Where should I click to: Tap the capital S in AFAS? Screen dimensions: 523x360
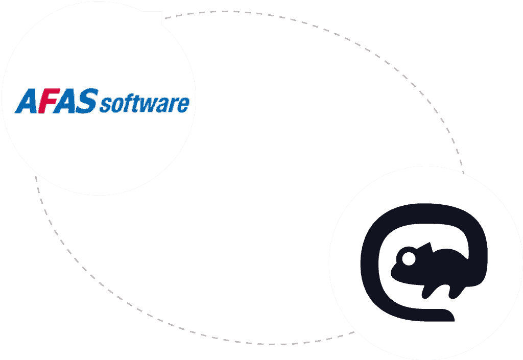pyautogui.click(x=87, y=101)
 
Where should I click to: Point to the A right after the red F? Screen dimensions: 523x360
pyautogui.click(x=67, y=101)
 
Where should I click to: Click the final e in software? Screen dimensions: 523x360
pyautogui.click(x=183, y=105)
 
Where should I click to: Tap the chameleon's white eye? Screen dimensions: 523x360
pyautogui.click(x=408, y=259)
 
